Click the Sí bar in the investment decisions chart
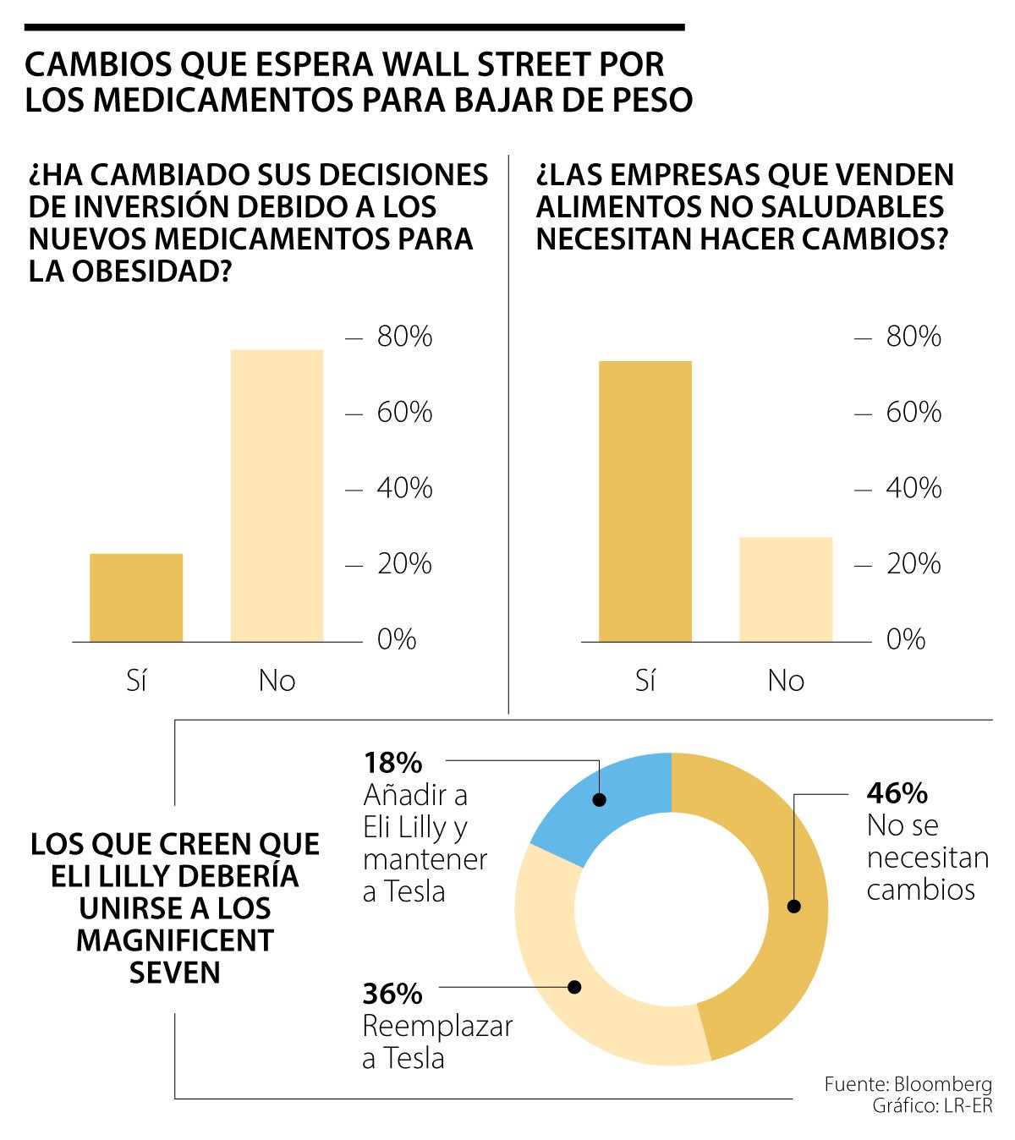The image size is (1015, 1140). pos(136,597)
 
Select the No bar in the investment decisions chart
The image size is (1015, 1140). pos(277,496)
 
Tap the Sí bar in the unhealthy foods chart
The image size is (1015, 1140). pos(645,501)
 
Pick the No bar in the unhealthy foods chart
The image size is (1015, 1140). pos(786,589)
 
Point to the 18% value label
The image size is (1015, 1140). pos(392,763)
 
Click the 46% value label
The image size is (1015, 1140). pos(897,793)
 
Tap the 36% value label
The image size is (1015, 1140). pos(392,994)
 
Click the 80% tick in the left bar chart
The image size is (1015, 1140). pos(404,337)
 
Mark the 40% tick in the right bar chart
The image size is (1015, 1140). pos(913,488)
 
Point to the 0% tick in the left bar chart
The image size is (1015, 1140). pos(397,639)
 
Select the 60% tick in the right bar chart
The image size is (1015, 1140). pos(913,413)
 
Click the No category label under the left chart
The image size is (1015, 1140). pos(277,681)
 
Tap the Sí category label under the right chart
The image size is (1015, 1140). pos(645,681)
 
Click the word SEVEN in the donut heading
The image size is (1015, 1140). pos(175,973)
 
